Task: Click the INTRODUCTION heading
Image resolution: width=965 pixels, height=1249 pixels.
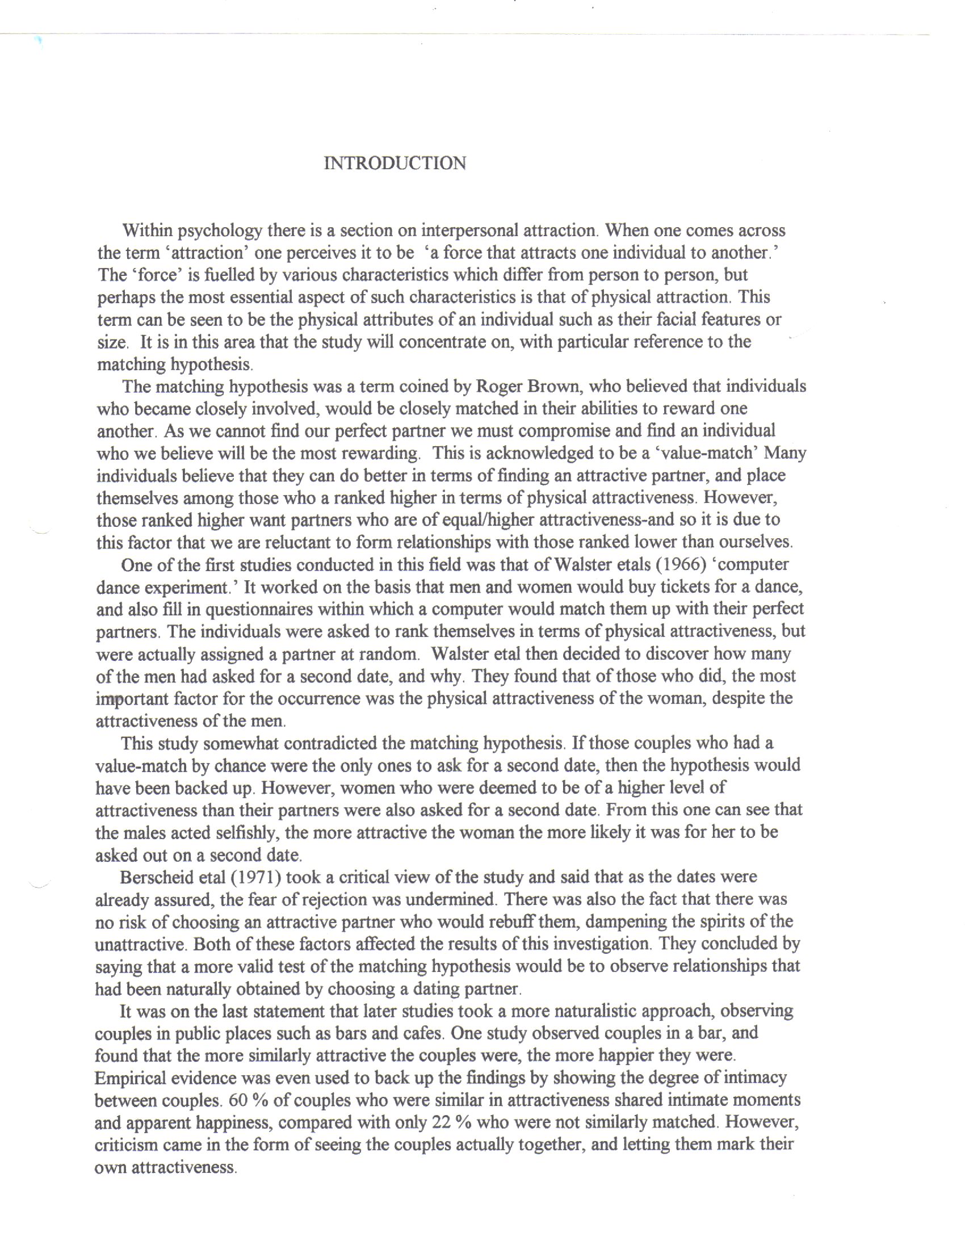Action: pyautogui.click(x=395, y=164)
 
